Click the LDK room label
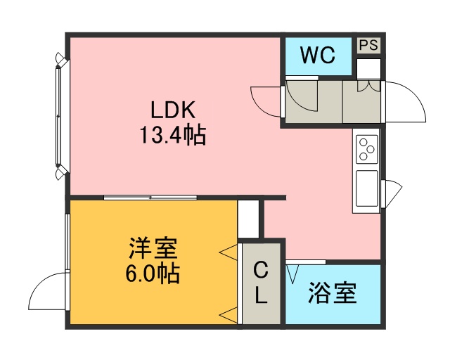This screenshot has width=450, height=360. tap(173, 110)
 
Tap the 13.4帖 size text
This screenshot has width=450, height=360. tap(173, 134)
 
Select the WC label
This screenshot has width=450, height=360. tap(318, 55)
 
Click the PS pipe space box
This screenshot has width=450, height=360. tap(368, 45)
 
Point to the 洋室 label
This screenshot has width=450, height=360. tap(153, 248)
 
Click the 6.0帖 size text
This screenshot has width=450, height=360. tap(153, 274)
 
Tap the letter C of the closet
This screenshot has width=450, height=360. tap(261, 270)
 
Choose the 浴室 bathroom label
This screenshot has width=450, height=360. tap(333, 293)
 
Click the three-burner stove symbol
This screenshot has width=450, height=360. tap(367, 149)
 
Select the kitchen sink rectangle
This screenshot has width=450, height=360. tap(367, 188)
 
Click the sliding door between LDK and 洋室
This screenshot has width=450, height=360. tap(150, 197)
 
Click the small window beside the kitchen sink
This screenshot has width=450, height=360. tap(391, 193)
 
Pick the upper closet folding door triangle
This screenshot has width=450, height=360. tap(229, 252)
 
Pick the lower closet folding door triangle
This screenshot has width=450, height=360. tap(229, 315)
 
